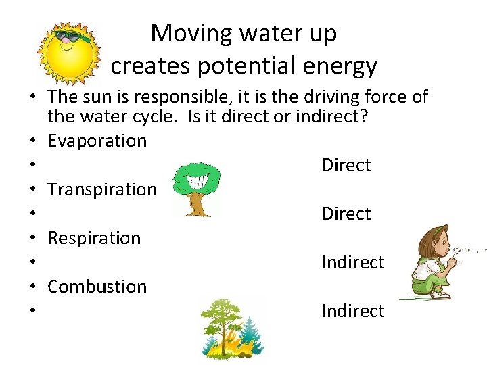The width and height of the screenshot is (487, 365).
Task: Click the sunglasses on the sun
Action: [72, 36]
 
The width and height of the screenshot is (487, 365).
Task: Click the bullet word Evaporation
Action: [97, 141]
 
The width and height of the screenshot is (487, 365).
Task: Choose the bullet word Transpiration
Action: [102, 189]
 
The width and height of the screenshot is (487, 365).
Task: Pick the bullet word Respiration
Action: [94, 238]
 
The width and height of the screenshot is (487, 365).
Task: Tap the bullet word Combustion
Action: [97, 287]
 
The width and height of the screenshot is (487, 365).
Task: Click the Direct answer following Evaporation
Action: [346, 165]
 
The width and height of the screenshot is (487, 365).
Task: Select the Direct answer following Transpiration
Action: [346, 214]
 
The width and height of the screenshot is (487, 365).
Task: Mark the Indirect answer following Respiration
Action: [352, 262]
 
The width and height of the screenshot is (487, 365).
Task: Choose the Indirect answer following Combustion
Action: [352, 311]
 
